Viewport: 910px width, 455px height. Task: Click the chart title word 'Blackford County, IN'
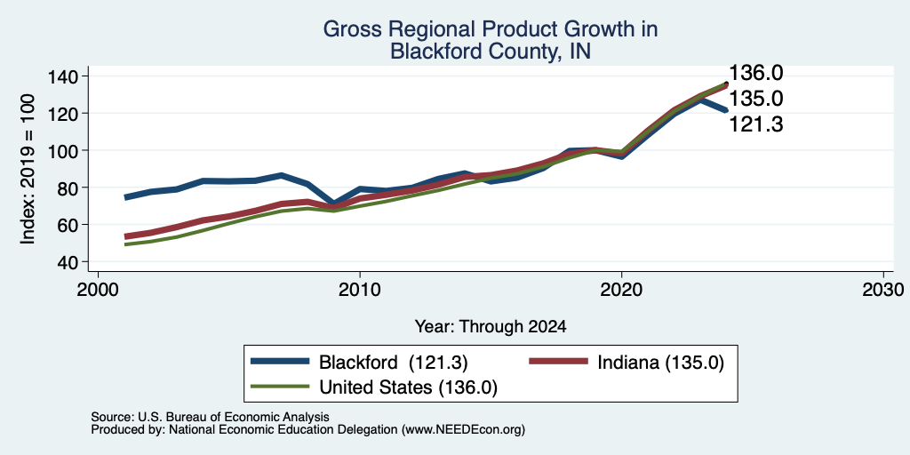click(x=491, y=51)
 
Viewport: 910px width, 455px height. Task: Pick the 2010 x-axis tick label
click(x=360, y=289)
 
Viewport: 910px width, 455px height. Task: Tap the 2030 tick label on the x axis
click(x=883, y=289)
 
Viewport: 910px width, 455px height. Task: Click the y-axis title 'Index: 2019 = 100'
click(x=28, y=169)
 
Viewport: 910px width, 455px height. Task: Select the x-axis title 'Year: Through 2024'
click(x=491, y=327)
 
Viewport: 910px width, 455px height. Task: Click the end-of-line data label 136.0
click(x=755, y=73)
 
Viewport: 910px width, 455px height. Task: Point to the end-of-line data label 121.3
click(x=755, y=124)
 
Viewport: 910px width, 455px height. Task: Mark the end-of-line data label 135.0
click(x=755, y=99)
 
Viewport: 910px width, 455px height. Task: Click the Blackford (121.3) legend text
click(x=394, y=363)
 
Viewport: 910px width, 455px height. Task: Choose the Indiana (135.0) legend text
click(x=661, y=363)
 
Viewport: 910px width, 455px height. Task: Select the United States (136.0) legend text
click(x=408, y=387)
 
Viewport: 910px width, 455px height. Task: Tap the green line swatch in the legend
click(x=280, y=386)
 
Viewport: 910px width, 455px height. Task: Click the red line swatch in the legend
click(x=559, y=361)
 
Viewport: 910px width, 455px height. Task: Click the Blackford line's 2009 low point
click(x=333, y=204)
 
